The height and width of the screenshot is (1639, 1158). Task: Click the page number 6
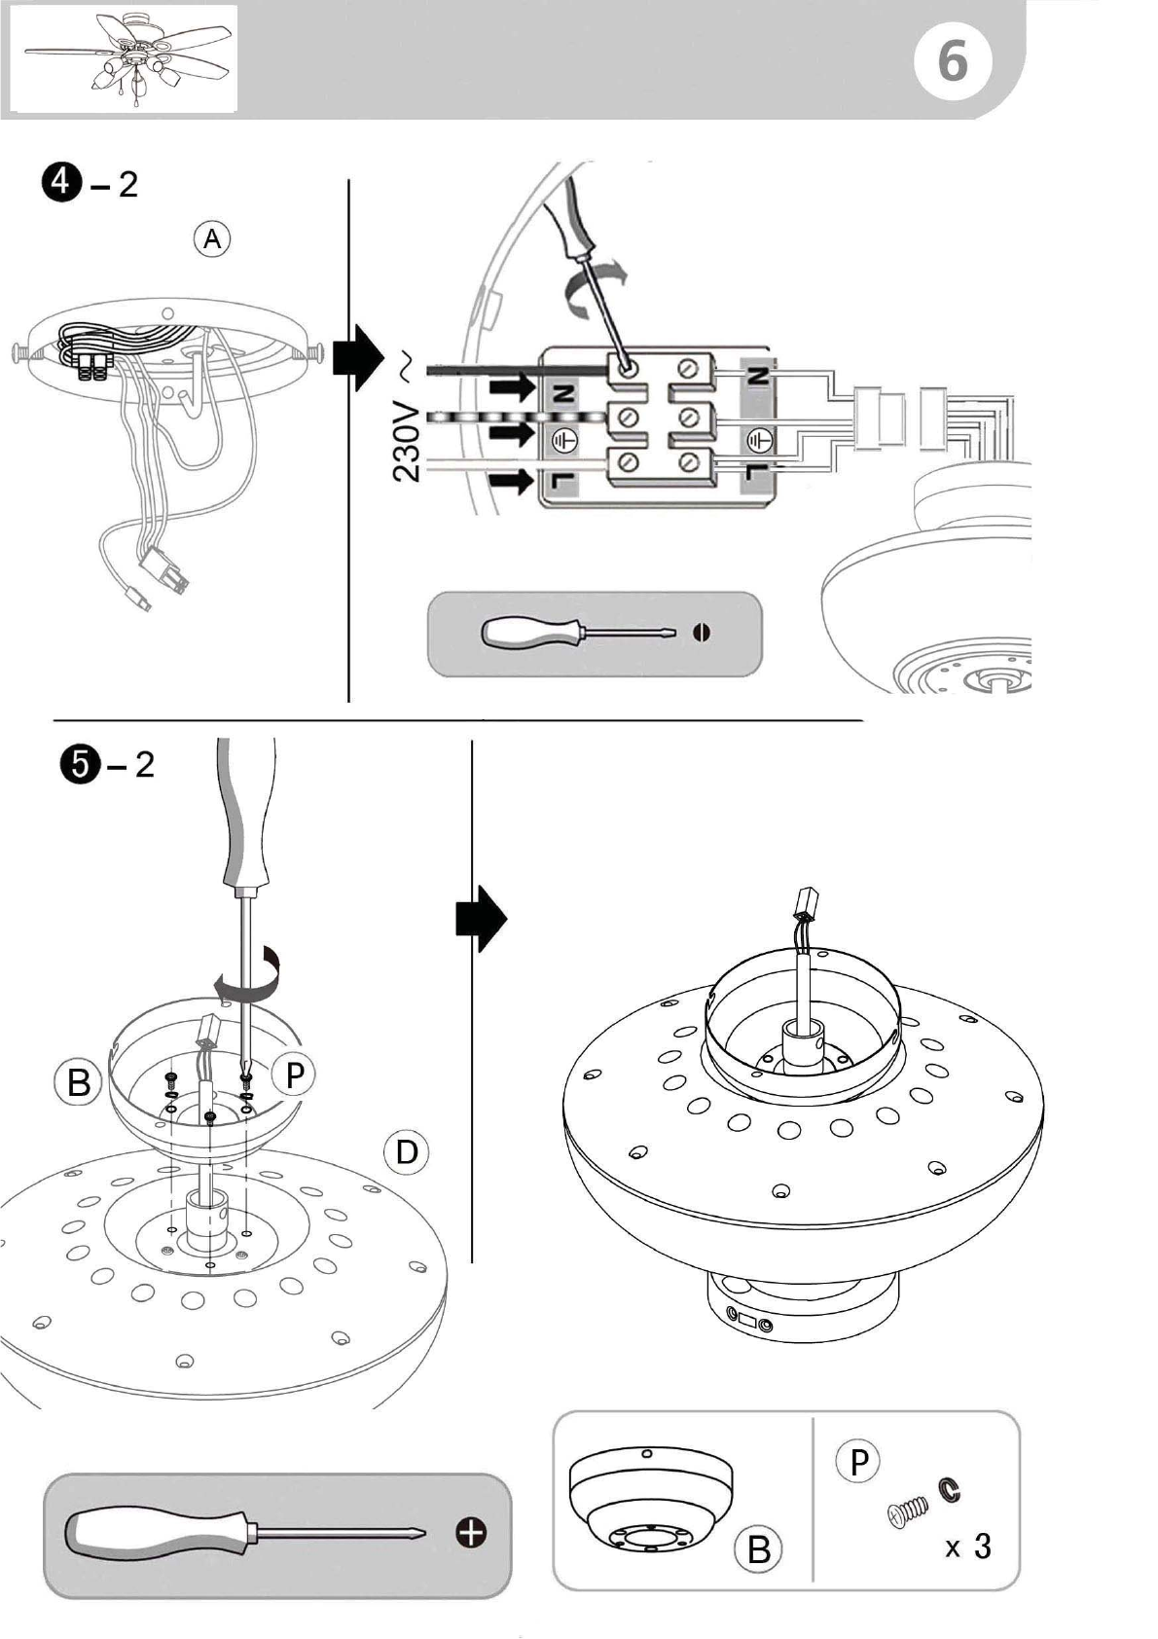[952, 61]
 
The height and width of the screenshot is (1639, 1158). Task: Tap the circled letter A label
[212, 239]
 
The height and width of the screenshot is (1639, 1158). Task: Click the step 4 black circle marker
[61, 181]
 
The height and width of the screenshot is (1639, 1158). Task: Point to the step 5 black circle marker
[78, 765]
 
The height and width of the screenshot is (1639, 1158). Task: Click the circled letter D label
[407, 1152]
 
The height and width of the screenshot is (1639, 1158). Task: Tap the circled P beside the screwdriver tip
[294, 1074]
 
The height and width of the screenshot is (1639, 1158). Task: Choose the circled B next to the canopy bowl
[78, 1081]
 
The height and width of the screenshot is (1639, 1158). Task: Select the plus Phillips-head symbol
[471, 1532]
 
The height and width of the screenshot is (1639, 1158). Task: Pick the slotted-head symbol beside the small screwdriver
[701, 632]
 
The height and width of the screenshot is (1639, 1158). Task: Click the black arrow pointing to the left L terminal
[513, 482]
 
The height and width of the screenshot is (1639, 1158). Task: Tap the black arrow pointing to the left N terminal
[513, 387]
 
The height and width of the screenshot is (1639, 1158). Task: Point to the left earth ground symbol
[564, 439]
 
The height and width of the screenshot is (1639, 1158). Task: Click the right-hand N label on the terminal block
[758, 376]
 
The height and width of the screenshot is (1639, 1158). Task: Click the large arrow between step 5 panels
[481, 918]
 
